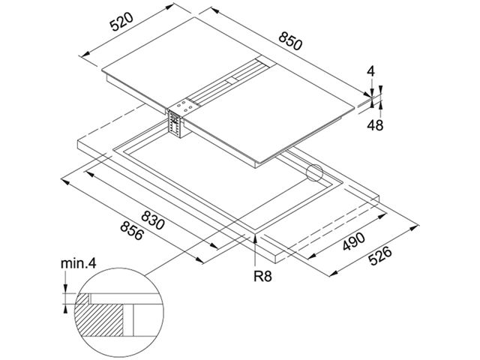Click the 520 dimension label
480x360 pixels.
point(121,22)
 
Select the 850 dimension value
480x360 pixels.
point(290,40)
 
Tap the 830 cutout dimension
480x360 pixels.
point(153,220)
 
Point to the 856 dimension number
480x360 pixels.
point(132,231)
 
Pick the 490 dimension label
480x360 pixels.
point(353,241)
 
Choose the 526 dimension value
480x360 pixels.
point(380,255)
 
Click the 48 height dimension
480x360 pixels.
point(375,125)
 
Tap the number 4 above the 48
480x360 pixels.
point(370,71)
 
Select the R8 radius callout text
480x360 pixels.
point(262,277)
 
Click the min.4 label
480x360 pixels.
point(78,263)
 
